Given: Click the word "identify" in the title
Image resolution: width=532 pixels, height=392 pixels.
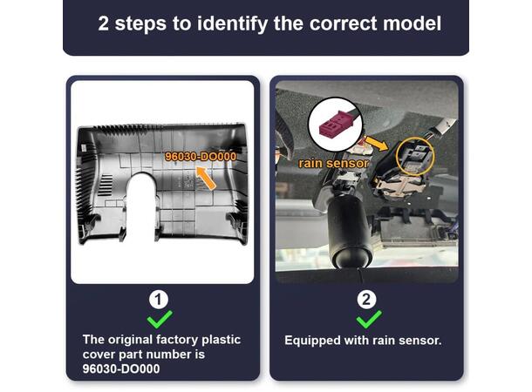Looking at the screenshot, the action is coord(232,24).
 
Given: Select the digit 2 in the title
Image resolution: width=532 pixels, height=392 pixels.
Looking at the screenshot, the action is coord(104,24).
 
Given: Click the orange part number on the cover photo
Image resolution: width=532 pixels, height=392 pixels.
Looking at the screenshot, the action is coord(201,157).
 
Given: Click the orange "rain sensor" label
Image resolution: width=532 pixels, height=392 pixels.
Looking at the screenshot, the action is coord(333,163).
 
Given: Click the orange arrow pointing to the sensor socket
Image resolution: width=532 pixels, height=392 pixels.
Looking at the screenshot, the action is coord(376,143).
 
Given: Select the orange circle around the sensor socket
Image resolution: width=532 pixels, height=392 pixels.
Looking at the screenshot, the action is coord(415,157).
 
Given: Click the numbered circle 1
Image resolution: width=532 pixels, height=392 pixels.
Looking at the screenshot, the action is coord(159,300).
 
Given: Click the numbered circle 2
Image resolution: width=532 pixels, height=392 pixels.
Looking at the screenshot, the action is coord(366,300).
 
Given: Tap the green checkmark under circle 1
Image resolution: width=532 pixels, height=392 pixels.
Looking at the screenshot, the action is coord(160,319).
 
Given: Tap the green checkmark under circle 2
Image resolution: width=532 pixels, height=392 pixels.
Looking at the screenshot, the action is coord(369,319).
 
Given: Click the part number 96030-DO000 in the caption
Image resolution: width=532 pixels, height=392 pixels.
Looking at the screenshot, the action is coord(121,369).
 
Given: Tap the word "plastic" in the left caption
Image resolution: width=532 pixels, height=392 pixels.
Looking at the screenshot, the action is coord(222,340).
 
